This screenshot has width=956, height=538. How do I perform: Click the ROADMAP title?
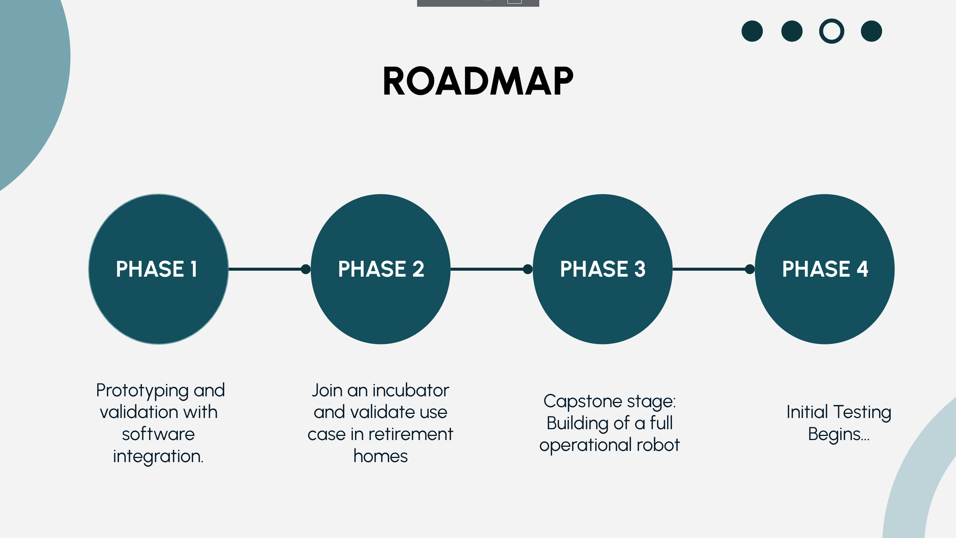[x=478, y=81]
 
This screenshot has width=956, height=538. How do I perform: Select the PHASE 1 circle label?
[x=157, y=269]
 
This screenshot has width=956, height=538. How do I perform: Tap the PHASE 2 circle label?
[x=381, y=269]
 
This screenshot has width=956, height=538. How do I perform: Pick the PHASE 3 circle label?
[x=602, y=269]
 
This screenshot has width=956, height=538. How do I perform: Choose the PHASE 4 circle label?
[x=825, y=269]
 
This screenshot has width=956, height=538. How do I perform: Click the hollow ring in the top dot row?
[x=831, y=31]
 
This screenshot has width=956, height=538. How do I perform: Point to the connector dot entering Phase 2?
[x=306, y=269]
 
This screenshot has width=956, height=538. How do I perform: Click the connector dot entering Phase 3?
[x=528, y=269]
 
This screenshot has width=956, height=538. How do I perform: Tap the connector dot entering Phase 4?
[x=750, y=269]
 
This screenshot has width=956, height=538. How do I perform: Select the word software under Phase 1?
[x=158, y=434]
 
